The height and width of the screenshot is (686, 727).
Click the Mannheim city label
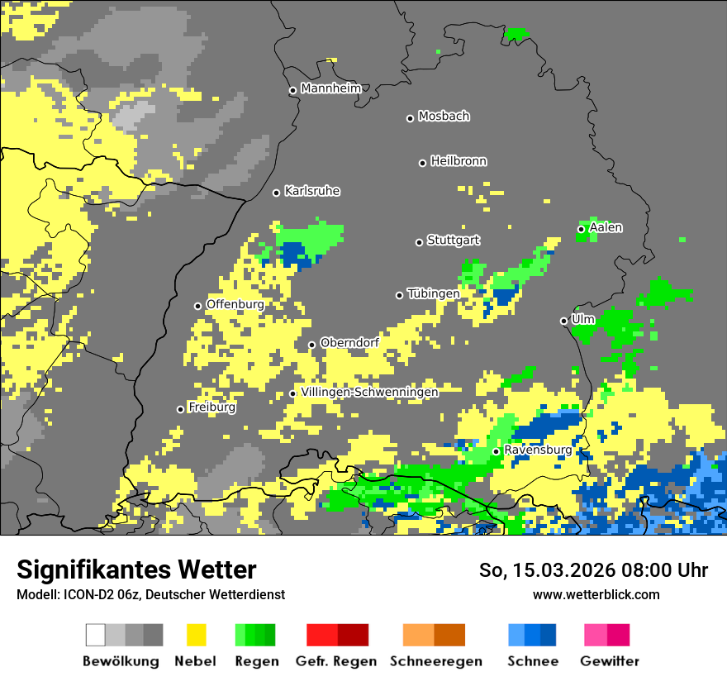point(331,88)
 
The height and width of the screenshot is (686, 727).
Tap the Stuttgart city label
point(453,241)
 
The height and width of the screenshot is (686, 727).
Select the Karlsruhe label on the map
point(312,191)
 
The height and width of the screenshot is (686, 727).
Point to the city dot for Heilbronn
point(422,163)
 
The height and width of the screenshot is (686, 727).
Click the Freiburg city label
point(211,407)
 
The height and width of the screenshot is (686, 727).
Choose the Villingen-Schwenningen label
point(369,393)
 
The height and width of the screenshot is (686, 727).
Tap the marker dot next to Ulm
point(563,321)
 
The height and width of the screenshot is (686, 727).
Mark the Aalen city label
point(606,227)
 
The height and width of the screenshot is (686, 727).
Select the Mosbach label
point(444,117)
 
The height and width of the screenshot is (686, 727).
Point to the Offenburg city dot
point(197,306)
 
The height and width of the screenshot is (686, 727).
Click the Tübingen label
point(434,293)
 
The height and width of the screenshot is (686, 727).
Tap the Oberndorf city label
point(349,342)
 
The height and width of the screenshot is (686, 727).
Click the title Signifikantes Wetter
point(136,569)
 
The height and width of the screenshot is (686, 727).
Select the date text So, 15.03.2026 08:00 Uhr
point(593,570)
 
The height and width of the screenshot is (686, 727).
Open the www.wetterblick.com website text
point(596,594)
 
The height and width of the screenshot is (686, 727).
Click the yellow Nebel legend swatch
point(196,635)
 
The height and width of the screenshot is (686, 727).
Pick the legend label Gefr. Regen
point(336,661)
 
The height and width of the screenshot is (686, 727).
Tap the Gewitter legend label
point(610,661)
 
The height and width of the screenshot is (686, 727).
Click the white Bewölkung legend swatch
point(96,635)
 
